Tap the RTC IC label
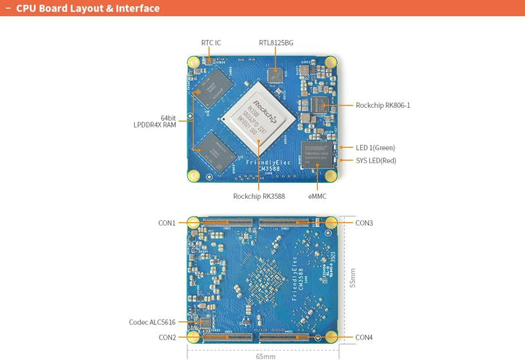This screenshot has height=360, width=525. click(211, 43)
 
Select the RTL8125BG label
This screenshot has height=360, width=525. click(276, 43)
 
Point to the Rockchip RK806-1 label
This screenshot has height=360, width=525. click(383, 105)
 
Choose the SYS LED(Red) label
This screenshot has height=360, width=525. click(376, 160)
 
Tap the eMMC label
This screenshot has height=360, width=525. click(317, 196)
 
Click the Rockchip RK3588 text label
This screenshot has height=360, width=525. click(259, 196)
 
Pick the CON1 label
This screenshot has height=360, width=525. click(167, 222)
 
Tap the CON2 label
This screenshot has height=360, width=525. click(167, 337)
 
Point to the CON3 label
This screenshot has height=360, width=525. click(364, 222)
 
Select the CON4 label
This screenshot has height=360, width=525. click(364, 337)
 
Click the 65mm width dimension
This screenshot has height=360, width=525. click(265, 356)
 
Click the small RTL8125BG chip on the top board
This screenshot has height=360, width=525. click(275, 74)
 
